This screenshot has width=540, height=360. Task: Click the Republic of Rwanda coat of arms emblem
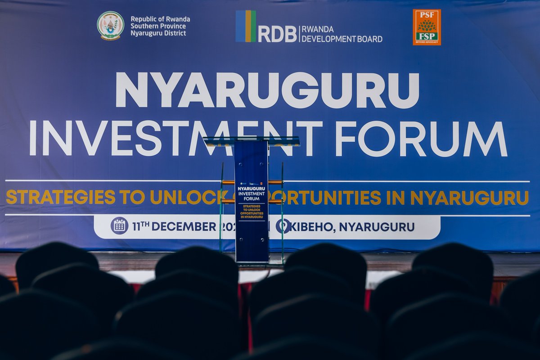coord(110,26)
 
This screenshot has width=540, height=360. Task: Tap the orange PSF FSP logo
coord(427,27)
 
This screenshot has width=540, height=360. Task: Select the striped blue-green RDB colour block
coord(246,26)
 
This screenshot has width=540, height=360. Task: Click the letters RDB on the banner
coord(278,34)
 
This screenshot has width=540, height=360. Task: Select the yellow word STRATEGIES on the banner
coord(60,197)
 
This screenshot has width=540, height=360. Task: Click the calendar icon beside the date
coord(119,226)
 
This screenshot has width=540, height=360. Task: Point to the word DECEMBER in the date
coord(184,227)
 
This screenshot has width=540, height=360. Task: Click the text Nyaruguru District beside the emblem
coord(158,33)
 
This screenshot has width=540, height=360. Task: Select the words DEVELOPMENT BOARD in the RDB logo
coord(342,39)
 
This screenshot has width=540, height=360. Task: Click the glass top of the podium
coord(251,141)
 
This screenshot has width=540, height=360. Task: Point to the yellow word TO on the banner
coord(132,197)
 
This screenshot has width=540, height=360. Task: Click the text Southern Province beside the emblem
coord(157,26)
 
